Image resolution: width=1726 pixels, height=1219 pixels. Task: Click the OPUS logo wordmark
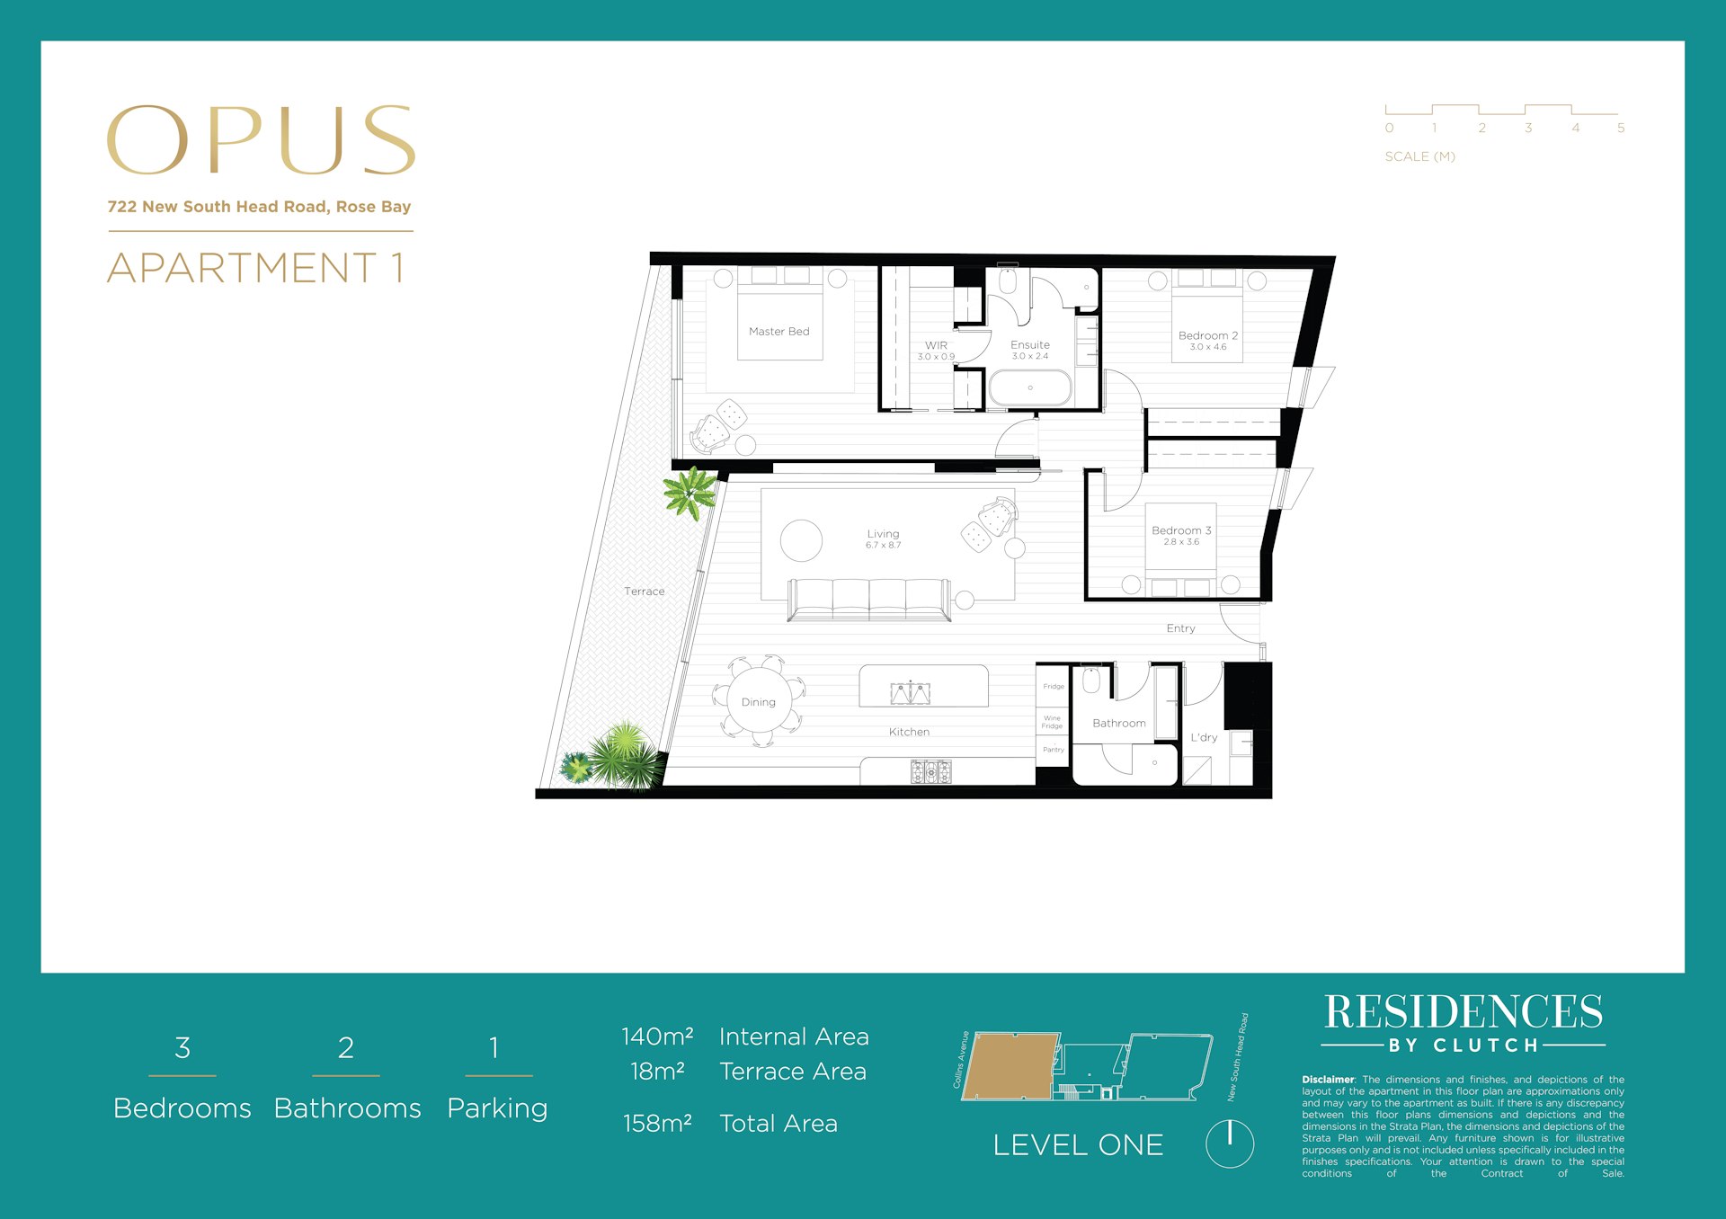(261, 140)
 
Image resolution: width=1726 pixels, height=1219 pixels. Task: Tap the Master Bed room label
(778, 332)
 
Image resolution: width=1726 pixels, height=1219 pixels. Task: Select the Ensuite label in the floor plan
(1029, 345)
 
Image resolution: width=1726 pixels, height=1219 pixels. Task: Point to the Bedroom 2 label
(1207, 336)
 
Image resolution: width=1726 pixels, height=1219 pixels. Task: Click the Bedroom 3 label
(1181, 531)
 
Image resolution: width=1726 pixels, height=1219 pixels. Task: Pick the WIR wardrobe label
(936, 346)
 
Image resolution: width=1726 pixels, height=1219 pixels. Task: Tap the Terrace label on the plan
(644, 592)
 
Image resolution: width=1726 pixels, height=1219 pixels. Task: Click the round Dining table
(759, 702)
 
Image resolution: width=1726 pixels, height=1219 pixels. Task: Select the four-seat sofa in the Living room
(868, 599)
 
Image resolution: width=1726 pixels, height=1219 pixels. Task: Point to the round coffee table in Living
(801, 541)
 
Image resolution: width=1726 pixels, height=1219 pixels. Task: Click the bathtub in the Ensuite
(1030, 388)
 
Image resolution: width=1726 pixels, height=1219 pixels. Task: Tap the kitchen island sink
(910, 693)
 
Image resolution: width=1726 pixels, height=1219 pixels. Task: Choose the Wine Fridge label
(1052, 722)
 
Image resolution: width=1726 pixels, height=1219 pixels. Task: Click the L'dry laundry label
(1204, 738)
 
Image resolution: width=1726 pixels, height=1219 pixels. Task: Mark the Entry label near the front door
(1180, 628)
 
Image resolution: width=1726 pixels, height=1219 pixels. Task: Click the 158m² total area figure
(657, 1124)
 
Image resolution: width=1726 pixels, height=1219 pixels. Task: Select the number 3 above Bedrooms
(182, 1048)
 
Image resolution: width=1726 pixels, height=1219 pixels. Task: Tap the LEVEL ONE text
(1078, 1145)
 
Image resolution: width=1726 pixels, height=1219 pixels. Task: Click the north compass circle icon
(1229, 1143)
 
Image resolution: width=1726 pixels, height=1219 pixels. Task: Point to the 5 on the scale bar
(1621, 129)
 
